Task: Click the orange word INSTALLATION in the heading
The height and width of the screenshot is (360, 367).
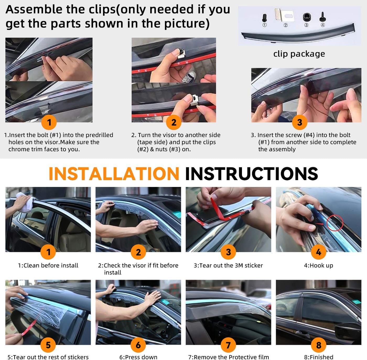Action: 114,174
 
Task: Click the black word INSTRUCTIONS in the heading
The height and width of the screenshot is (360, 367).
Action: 252,174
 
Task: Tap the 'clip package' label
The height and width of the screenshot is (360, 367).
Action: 299,54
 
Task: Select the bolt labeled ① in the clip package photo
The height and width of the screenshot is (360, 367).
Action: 264,18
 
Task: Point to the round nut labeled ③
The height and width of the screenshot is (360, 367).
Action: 307,17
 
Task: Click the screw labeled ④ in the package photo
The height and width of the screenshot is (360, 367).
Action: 323,17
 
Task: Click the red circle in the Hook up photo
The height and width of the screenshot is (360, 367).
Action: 334,223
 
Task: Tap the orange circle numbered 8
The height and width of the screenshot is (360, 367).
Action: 319,345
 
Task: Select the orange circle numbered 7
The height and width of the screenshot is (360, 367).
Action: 228,345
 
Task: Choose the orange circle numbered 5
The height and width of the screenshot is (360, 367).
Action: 48,345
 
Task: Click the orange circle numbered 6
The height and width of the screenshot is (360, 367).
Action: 138,345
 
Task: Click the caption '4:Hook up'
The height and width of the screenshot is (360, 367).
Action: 319,265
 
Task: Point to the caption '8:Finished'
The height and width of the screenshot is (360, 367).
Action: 319,357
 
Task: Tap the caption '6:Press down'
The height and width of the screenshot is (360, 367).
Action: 138,357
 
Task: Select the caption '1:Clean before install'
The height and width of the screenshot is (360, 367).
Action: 48,265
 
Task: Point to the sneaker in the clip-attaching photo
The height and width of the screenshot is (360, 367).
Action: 188,77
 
